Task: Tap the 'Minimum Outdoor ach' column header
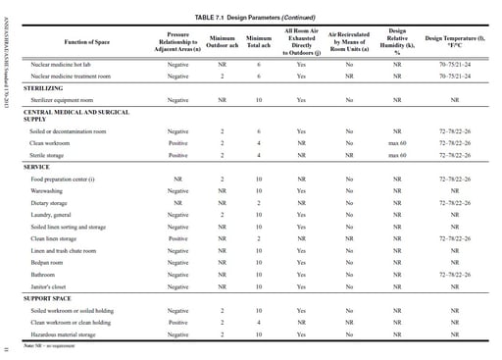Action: point(222,42)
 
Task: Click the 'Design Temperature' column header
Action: point(455,42)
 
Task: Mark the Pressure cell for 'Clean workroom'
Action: point(177,142)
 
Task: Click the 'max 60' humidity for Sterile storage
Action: point(397,155)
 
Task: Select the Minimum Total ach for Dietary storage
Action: point(258,202)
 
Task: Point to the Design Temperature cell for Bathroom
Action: point(455,275)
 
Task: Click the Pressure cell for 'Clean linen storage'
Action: point(177,238)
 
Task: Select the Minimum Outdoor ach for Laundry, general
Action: point(222,214)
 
